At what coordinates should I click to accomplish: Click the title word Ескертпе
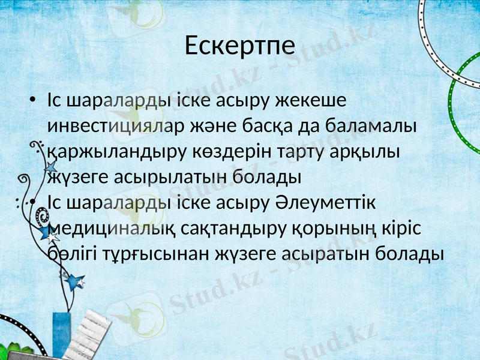(239, 46)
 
